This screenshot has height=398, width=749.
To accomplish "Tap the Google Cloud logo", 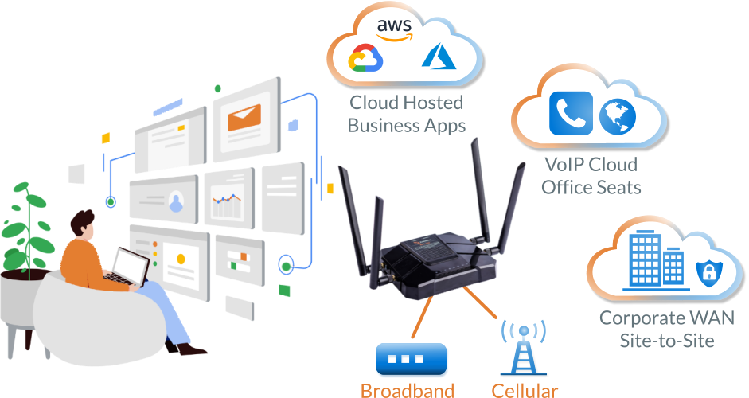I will click(x=366, y=59).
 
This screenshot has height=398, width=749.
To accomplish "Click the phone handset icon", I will click(x=571, y=113).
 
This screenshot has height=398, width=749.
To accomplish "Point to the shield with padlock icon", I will click(x=706, y=272).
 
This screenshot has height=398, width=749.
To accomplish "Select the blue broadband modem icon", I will click(x=406, y=360).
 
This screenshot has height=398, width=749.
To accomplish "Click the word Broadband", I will click(x=407, y=390).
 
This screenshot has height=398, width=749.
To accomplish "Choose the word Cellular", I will click(x=525, y=390).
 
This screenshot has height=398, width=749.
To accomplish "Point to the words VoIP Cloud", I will click(x=591, y=166).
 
